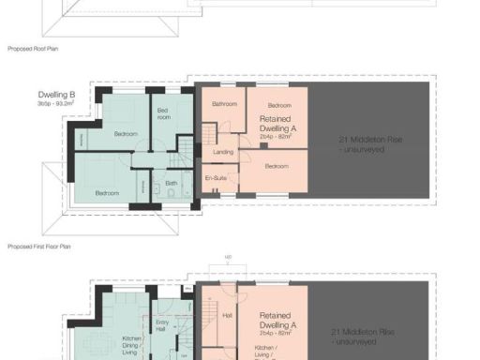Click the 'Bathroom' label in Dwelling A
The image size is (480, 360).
pos(224,104)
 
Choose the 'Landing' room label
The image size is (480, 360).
pos(223,151)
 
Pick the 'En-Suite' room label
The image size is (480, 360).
pos(216,176)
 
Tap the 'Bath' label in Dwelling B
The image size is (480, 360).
pos(172,184)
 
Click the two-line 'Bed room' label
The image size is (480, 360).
pos(163,115)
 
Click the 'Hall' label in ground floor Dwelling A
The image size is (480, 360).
pos(226,316)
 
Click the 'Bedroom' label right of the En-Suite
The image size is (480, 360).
pos(277,166)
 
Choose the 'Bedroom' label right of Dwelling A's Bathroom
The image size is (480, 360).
pos(279,105)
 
